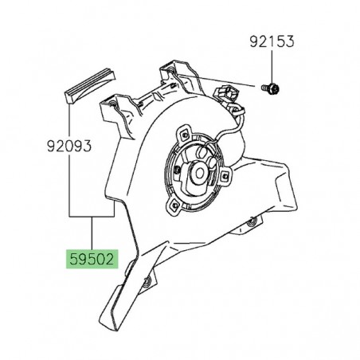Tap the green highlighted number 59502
click(92, 260)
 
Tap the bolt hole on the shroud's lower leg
click(149, 280)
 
